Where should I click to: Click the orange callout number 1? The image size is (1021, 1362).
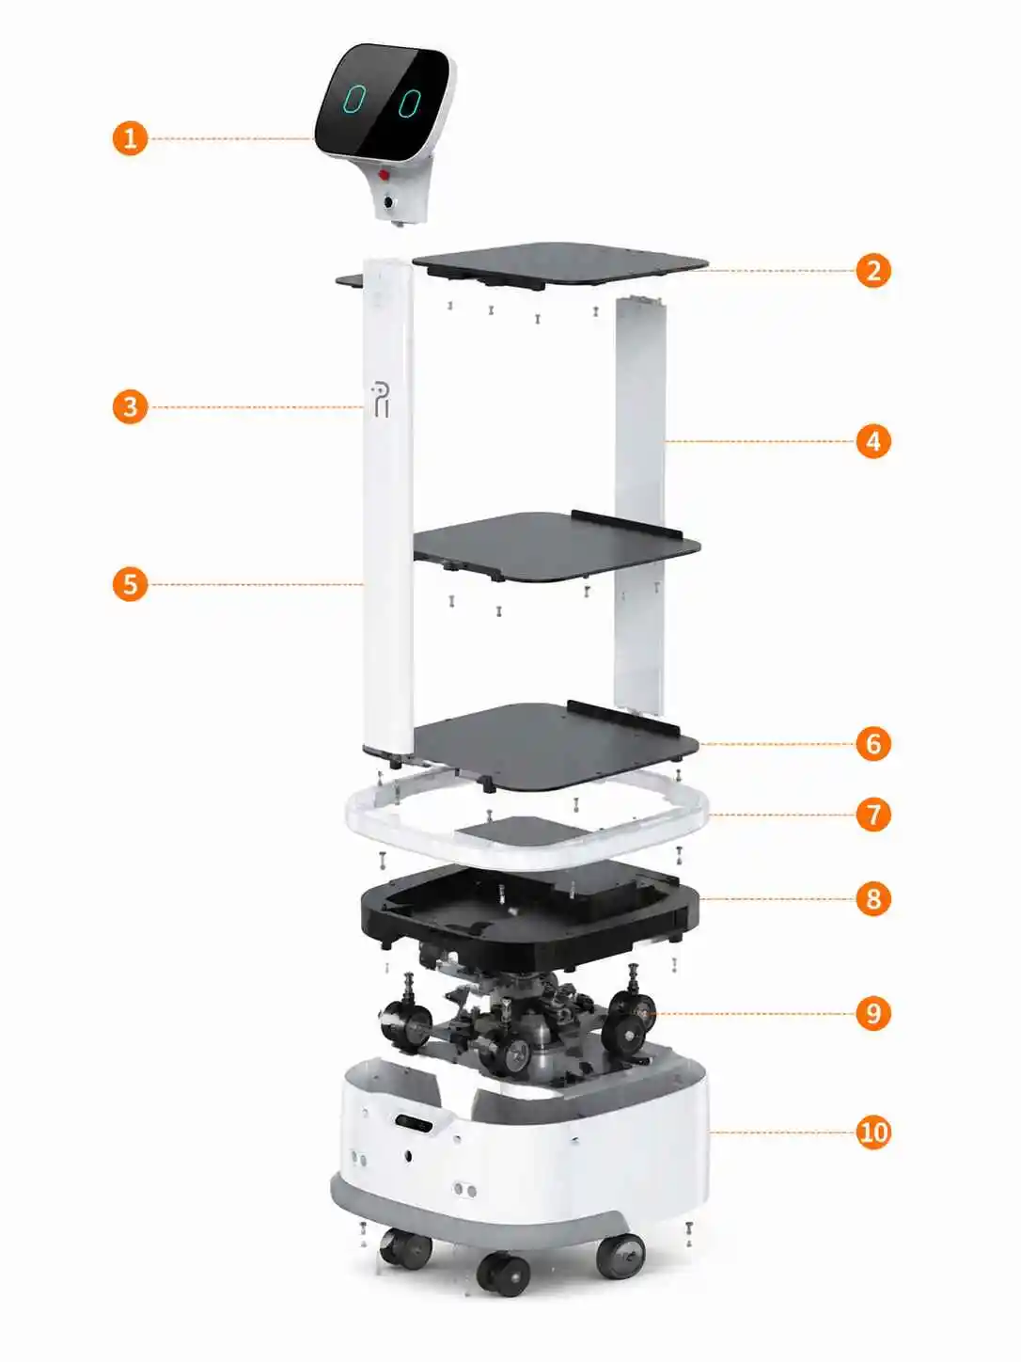(130, 137)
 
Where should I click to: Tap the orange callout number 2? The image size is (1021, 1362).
(872, 271)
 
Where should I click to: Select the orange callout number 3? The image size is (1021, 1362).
(130, 407)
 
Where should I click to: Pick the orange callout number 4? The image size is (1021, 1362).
(872, 441)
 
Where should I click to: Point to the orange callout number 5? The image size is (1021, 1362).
(130, 584)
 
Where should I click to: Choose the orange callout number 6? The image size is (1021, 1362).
(872, 743)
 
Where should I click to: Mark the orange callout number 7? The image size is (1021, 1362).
(872, 815)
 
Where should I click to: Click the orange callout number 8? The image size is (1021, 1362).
(872, 898)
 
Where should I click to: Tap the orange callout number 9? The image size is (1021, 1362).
(872, 1013)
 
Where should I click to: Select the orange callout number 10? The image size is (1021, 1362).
(872, 1132)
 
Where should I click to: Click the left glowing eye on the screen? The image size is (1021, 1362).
(355, 100)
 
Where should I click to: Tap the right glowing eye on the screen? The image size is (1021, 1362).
(409, 103)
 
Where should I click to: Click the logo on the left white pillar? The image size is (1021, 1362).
(380, 399)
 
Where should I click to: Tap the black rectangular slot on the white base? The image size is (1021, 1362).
(416, 1122)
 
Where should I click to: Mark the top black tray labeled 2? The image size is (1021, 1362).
(560, 264)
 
